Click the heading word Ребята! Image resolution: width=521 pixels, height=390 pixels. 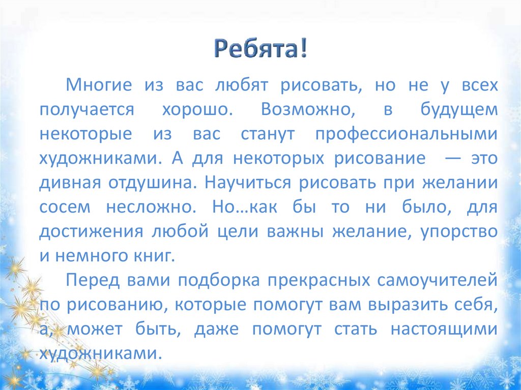tap(259, 49)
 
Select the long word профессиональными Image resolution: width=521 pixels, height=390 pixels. tap(405, 134)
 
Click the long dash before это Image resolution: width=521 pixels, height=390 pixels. tap(452, 158)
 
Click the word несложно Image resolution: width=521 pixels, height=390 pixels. tap(148, 207)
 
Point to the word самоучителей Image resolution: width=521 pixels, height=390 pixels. tap(437, 280)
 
